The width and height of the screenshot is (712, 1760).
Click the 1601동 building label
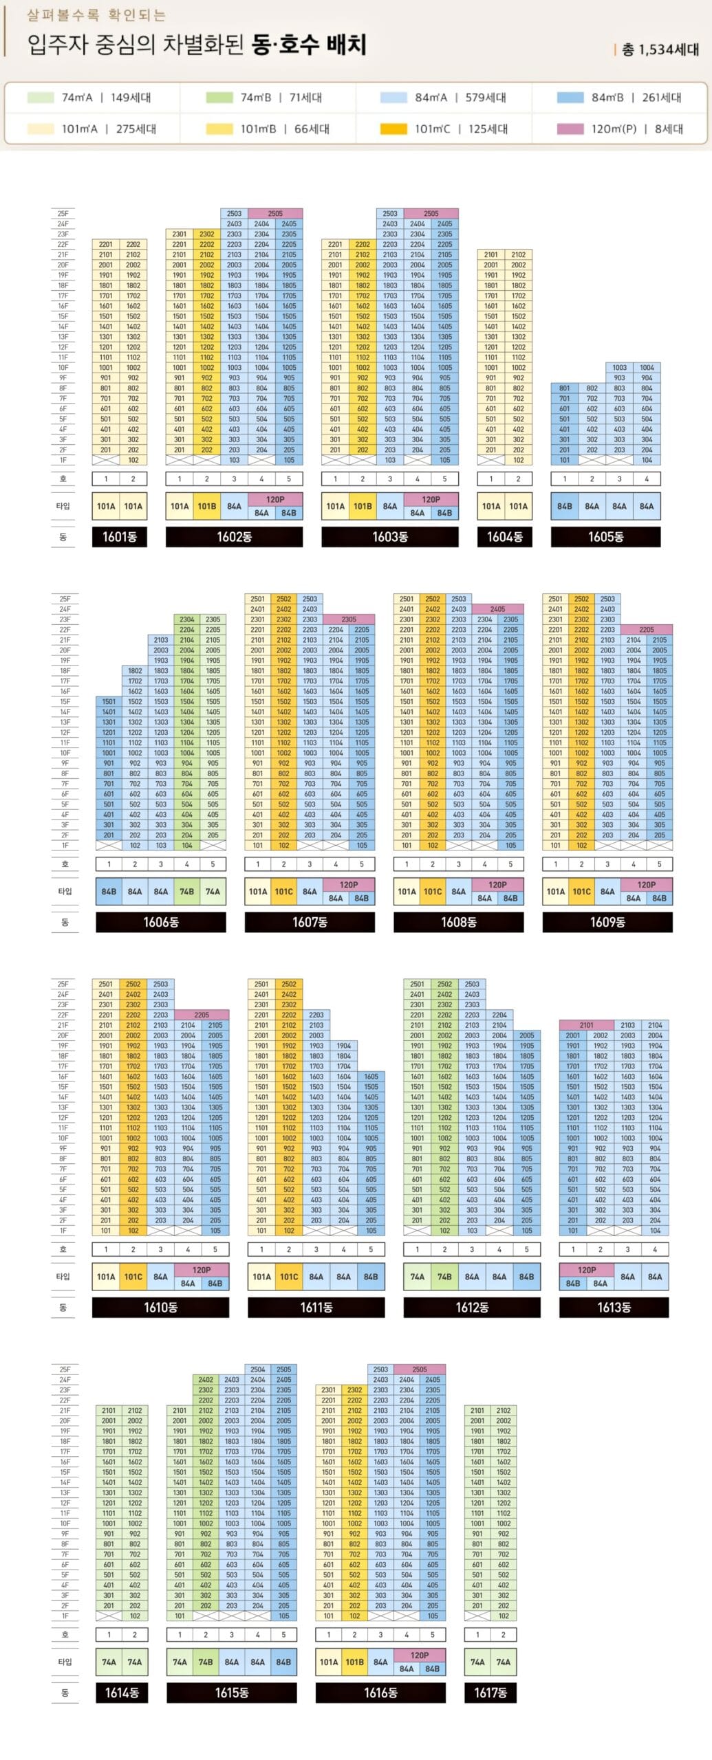pyautogui.click(x=119, y=537)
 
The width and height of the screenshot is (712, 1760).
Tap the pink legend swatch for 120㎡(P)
pyautogui.click(x=570, y=129)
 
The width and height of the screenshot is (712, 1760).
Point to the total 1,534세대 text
pyautogui.click(x=660, y=49)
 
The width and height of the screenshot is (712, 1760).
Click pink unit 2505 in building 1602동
pyautogui.click(x=275, y=214)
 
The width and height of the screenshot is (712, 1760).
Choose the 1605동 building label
pyautogui.click(x=605, y=537)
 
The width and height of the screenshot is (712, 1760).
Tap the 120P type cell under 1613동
pyautogui.click(x=587, y=1270)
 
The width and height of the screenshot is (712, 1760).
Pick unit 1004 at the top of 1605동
pyautogui.click(x=647, y=368)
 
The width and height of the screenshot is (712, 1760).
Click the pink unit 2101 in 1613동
pyautogui.click(x=586, y=1025)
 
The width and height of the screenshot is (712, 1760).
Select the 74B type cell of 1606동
pyautogui.click(x=187, y=892)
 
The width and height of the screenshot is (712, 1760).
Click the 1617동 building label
pyautogui.click(x=490, y=1693)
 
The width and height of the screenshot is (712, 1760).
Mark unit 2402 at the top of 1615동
pyautogui.click(x=206, y=1380)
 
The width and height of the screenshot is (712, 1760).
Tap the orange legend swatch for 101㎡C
pyautogui.click(x=393, y=129)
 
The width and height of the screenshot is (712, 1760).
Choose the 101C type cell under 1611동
pyautogui.click(x=289, y=1277)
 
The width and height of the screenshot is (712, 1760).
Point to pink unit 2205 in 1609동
pyautogui.click(x=647, y=630)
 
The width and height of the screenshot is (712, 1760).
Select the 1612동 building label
pyautogui.click(x=472, y=1308)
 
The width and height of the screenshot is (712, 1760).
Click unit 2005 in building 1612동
pyautogui.click(x=527, y=1035)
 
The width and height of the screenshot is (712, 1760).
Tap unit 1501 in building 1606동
pyautogui.click(x=109, y=702)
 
